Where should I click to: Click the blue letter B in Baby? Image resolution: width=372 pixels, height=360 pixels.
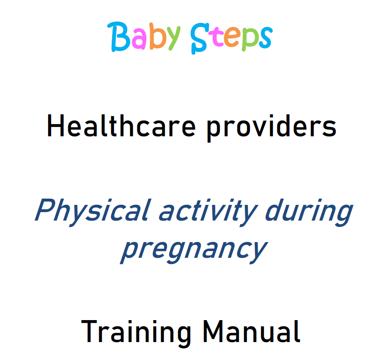coord(118,36)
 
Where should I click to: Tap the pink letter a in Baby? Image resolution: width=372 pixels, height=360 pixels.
coord(138,40)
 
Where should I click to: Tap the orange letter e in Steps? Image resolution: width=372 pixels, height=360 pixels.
coord(233,40)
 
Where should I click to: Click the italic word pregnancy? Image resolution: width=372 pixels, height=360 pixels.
coord(193,249)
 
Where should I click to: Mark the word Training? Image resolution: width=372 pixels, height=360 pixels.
coord(136,333)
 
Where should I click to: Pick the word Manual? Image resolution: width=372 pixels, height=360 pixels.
coord(251,332)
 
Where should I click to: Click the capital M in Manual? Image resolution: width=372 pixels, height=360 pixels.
coord(214,332)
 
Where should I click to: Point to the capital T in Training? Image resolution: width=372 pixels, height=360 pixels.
coord(90,332)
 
